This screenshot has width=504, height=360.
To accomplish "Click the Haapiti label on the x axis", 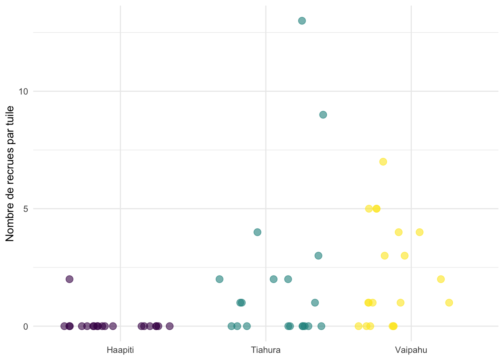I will pos(120,351).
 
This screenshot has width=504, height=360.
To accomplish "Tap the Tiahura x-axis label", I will pos(265,351).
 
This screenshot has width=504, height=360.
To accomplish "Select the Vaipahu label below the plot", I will pos(411,351).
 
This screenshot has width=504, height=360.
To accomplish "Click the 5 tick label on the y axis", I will pos(26,209).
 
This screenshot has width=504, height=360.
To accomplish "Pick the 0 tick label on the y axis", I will pos(26,326).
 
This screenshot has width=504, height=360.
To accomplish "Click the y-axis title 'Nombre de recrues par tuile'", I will pos(10,174).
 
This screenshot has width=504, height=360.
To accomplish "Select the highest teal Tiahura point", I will pos(302,21).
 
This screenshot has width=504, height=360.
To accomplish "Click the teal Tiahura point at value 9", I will pos(323,115).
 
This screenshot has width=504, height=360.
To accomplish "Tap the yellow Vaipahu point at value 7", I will pos(383,162).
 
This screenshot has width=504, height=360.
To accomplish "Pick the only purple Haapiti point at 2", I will pos(69,279).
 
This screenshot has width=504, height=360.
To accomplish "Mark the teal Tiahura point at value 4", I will pos(257,232).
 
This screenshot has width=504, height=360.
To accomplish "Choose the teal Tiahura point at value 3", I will pos(318,256).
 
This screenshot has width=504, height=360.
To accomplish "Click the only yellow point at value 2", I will pos(441,279).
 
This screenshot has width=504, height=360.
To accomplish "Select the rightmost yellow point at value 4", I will pos(420,232).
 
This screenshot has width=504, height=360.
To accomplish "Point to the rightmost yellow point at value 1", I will pos(449,303).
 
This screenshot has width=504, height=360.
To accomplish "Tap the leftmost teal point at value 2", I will pos(219,279).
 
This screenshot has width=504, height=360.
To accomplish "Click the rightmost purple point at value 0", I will pos(169,326).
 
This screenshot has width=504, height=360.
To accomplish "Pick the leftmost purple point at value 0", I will pos(64,326).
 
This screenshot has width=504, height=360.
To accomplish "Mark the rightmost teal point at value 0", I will pos(321,326).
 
